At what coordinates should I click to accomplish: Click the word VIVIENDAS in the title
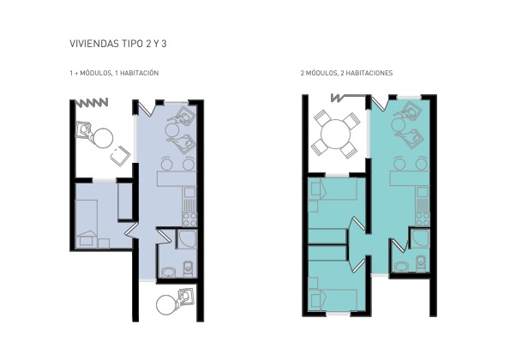click(93, 44)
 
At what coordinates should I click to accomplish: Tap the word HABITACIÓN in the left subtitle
click(139, 73)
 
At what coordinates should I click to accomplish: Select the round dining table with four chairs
click(336, 134)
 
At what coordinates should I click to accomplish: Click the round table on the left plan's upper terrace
click(103, 138)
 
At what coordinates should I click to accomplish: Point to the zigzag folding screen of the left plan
click(92, 103)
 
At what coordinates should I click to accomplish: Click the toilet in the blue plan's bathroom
click(189, 268)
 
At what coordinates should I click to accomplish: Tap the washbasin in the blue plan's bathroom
click(168, 273)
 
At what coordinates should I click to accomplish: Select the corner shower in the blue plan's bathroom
click(186, 239)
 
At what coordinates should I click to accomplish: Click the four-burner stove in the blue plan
click(189, 219)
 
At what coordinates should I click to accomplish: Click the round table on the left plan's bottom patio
click(166, 305)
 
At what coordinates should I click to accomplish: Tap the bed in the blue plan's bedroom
click(87, 224)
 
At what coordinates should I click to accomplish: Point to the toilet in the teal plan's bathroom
click(421, 263)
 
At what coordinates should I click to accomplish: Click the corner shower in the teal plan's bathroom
click(420, 238)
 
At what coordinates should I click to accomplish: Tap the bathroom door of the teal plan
click(399, 245)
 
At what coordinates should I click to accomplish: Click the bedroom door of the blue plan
click(131, 229)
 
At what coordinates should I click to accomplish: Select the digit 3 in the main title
click(164, 44)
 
